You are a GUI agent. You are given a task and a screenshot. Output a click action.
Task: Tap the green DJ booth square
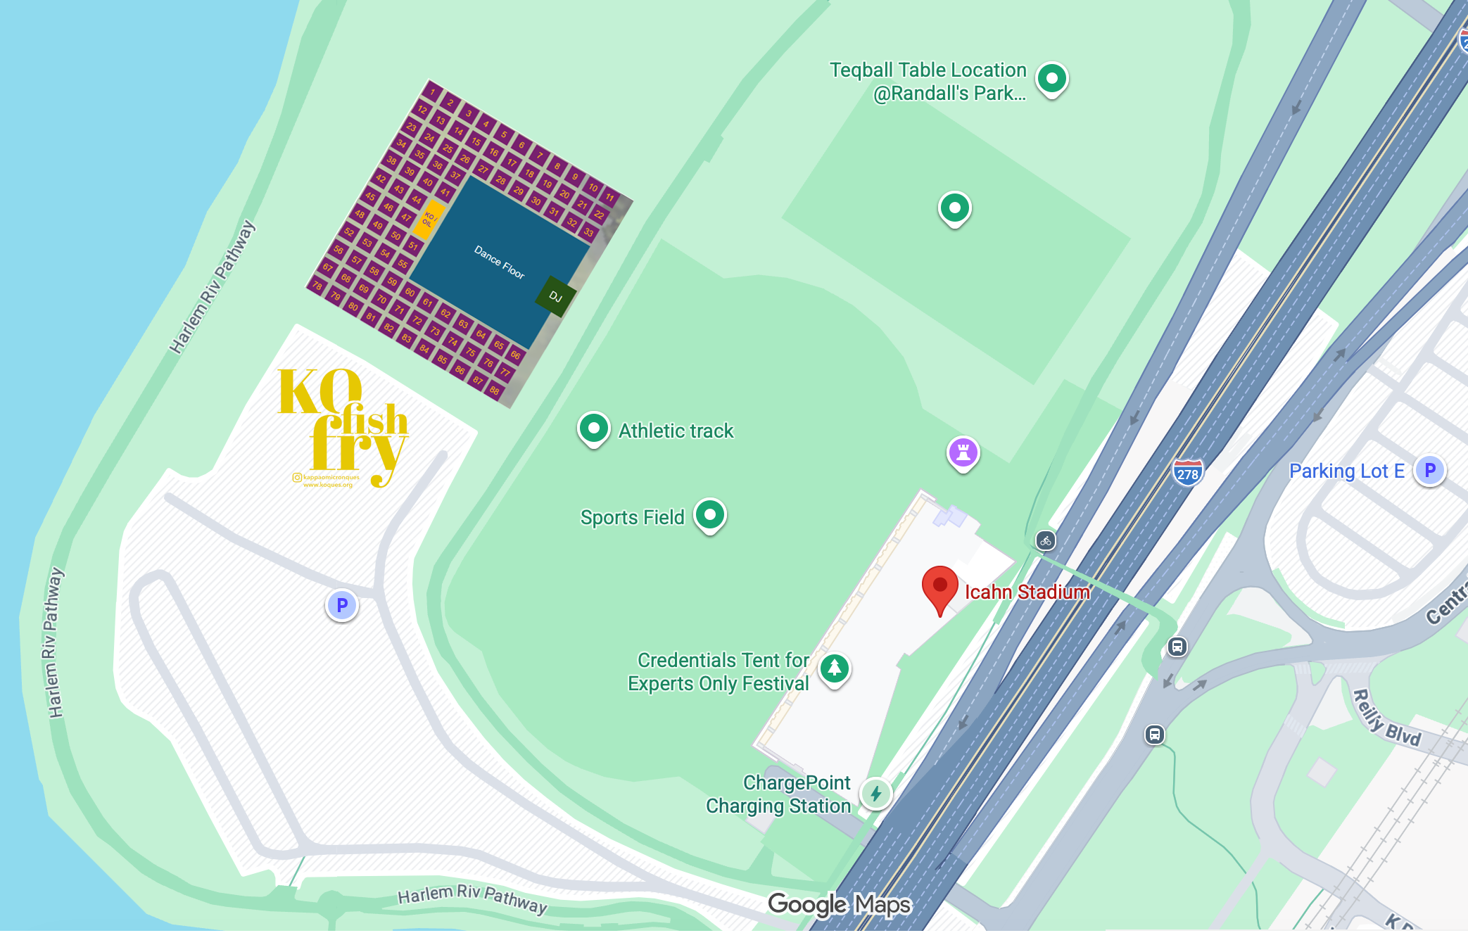click(x=557, y=296)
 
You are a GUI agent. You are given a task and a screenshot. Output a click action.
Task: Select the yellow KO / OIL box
click(x=429, y=218)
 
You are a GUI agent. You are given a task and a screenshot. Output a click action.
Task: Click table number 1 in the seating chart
click(x=433, y=91)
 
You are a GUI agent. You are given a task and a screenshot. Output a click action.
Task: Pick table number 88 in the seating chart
click(x=495, y=391)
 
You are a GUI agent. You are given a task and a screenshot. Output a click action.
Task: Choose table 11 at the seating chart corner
click(x=609, y=198)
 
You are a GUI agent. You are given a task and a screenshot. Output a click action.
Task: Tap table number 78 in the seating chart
click(x=318, y=286)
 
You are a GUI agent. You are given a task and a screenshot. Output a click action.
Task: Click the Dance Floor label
click(x=499, y=262)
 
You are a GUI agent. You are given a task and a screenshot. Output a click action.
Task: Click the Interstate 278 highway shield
click(x=1188, y=472)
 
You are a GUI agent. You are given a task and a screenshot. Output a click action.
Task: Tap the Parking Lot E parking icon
click(x=1429, y=470)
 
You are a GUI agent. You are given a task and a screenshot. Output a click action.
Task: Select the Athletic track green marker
click(x=593, y=428)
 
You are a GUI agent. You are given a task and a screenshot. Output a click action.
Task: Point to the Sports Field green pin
click(x=710, y=514)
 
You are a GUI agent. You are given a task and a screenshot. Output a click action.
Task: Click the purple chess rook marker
click(x=963, y=452)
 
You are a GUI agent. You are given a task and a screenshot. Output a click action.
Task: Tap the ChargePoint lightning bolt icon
click(x=876, y=794)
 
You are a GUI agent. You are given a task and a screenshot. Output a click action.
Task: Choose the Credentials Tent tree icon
click(x=835, y=668)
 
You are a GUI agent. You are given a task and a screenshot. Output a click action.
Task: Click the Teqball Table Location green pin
click(x=1051, y=78)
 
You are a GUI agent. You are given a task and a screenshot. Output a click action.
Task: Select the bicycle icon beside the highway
click(x=1046, y=540)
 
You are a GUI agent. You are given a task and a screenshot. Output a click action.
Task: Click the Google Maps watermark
click(x=839, y=904)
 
